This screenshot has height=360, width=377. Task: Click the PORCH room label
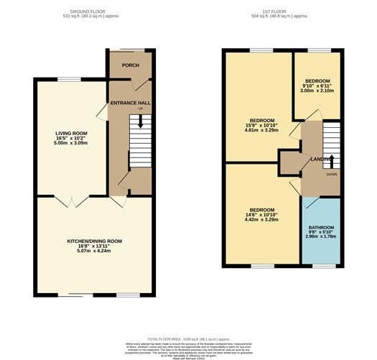[130, 65]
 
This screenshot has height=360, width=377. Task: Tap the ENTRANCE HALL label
[130, 103]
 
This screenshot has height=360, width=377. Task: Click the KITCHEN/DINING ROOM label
[95, 241]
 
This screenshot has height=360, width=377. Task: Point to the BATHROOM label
[322, 227]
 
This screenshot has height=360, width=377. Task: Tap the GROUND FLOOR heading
[95, 13]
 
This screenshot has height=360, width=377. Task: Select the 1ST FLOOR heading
[281, 13]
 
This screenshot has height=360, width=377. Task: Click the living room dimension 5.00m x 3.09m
[71, 144]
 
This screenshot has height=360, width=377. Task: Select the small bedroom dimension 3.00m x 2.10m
[317, 91]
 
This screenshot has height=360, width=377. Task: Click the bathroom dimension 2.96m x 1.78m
[322, 239]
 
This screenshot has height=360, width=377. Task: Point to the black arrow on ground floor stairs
[140, 122]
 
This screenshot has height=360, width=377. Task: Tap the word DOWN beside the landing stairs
[331, 175]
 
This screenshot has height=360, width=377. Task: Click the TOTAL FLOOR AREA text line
[188, 338]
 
